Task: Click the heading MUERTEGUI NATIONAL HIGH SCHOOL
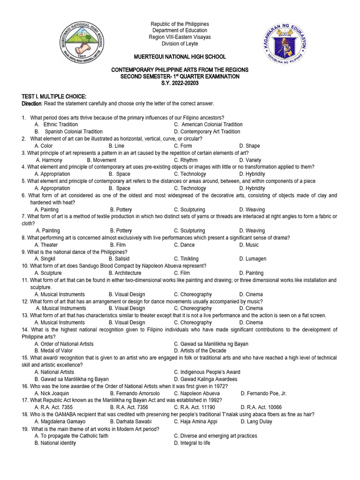pyautogui.click(x=180, y=57)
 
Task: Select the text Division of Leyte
pyautogui.click(x=180, y=44)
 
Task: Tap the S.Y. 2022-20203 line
pyautogui.click(x=180, y=83)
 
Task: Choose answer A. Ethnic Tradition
pyautogui.click(x=56, y=124)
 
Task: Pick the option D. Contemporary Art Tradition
pyautogui.click(x=207, y=132)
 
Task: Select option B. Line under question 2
pyautogui.click(x=116, y=146)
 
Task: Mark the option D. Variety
pyautogui.click(x=250, y=160)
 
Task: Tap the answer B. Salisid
pyautogui.click(x=120, y=259)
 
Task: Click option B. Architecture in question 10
pyautogui.click(x=125, y=273)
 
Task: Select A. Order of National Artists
pyautogui.click(x=64, y=344)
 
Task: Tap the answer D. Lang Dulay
pyautogui.click(x=257, y=421)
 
